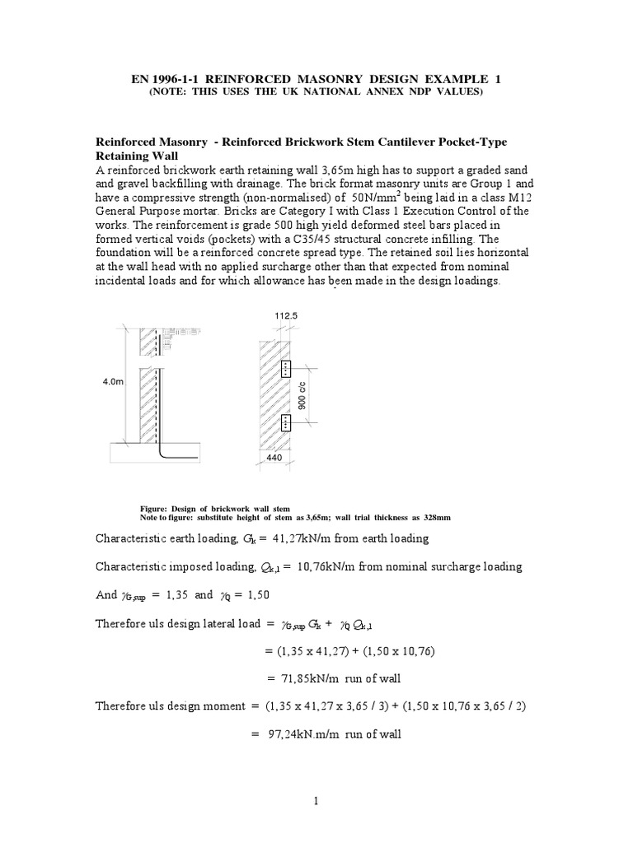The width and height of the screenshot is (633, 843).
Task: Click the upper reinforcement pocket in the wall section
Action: point(285,370)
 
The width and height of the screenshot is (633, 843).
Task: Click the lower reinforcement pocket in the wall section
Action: point(285,424)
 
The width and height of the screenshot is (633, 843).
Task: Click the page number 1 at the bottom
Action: point(316,799)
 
